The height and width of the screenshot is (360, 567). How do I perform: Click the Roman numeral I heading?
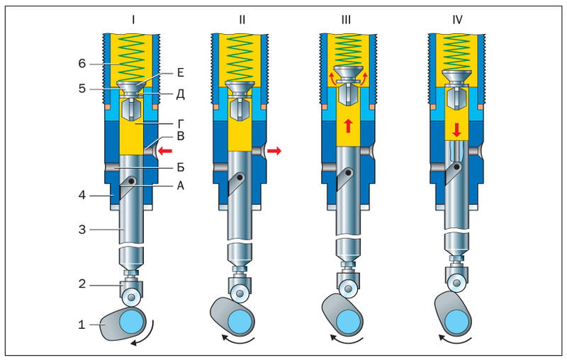coord(133,19)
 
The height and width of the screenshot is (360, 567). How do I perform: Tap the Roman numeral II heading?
coord(242,19)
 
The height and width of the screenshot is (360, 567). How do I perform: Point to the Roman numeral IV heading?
coord(457,19)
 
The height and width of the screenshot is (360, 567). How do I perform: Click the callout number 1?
coord(82,325)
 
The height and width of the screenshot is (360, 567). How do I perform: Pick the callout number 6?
coord(82,63)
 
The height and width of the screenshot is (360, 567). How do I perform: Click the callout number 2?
coord(82,283)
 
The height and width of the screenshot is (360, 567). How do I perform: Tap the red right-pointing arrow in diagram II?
coord(274,150)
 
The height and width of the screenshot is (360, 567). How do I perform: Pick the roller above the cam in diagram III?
coord(348,288)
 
